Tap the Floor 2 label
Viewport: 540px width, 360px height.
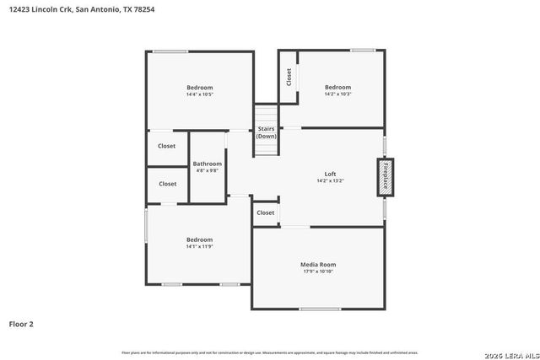tap(21, 324)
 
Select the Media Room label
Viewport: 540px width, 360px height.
tap(318, 265)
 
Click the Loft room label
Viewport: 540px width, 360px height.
tap(330, 174)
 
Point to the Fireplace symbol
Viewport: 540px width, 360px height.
tap(385, 177)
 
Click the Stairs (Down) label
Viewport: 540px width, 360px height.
tap(267, 132)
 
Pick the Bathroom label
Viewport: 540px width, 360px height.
tap(208, 164)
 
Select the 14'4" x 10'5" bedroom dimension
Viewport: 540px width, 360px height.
tap(199, 94)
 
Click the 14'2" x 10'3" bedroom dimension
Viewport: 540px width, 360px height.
tap(337, 94)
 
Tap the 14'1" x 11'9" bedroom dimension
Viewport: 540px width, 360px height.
tap(199, 246)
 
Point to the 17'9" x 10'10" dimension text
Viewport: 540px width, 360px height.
tap(318, 271)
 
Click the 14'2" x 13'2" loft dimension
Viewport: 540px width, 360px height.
tap(330, 180)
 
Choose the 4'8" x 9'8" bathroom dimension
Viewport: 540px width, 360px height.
tap(208, 170)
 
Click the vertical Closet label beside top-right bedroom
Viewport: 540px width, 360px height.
tap(289, 77)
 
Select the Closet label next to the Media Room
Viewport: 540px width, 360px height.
tap(266, 213)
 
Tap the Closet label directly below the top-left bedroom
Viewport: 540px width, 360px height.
tap(167, 146)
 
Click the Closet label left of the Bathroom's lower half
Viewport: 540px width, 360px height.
tap(168, 184)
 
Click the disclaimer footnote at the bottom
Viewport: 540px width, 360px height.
tap(269, 352)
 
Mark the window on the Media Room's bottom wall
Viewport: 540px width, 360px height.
tap(320, 309)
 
